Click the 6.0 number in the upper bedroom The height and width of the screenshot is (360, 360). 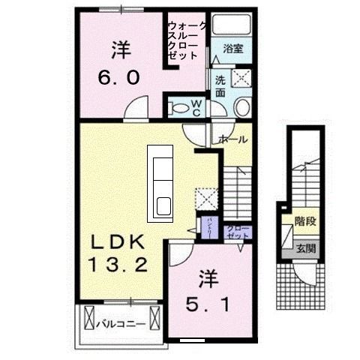coord(119,77)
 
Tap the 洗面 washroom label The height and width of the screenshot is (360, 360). coord(221,86)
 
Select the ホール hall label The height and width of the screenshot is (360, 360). coord(233,139)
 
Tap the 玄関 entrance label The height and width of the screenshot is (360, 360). coord(304,247)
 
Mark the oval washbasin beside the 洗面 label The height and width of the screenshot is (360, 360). coord(242,107)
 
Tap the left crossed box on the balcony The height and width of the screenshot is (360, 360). coord(88,317)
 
